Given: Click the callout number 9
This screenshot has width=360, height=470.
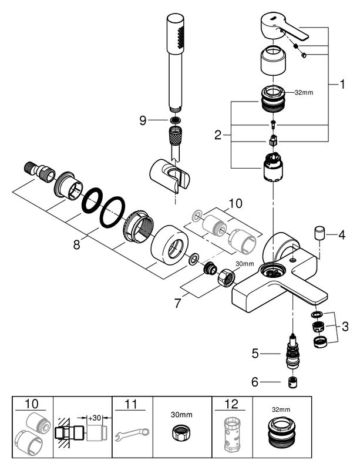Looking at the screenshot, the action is [143, 120].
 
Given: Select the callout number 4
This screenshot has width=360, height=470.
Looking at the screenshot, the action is [342, 234].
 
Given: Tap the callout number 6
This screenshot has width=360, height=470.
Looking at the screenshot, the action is [255, 382].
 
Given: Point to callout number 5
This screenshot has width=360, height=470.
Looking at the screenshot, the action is [255, 354].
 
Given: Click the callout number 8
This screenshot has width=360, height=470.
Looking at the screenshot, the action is [77, 245].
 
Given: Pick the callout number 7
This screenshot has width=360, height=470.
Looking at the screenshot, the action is [178, 303].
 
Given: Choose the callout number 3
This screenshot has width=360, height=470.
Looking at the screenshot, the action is [345, 327].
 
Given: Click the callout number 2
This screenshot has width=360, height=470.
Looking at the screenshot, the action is [218, 136].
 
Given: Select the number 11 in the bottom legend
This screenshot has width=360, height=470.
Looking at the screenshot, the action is [131, 404].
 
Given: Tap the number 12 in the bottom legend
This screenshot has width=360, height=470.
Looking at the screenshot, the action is [231, 404].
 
